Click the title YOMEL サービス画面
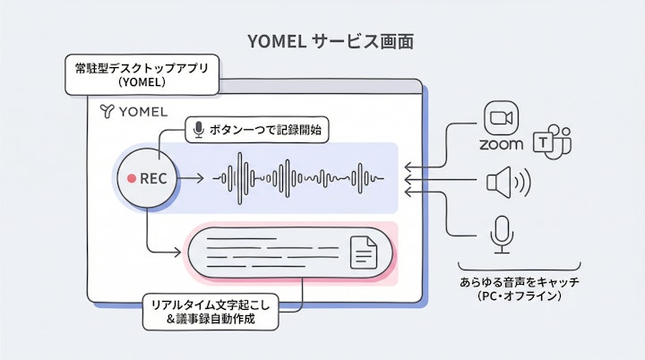(x=323, y=41)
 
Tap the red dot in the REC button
(x=131, y=178)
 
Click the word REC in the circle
(x=154, y=178)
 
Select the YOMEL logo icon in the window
(x=107, y=112)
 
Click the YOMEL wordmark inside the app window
(x=142, y=112)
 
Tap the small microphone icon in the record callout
(x=198, y=131)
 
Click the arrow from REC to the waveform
(x=190, y=178)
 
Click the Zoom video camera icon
(x=501, y=119)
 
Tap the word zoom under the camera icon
(x=501, y=143)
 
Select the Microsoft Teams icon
(x=551, y=141)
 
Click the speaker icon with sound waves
(x=507, y=184)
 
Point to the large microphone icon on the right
(x=501, y=235)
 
